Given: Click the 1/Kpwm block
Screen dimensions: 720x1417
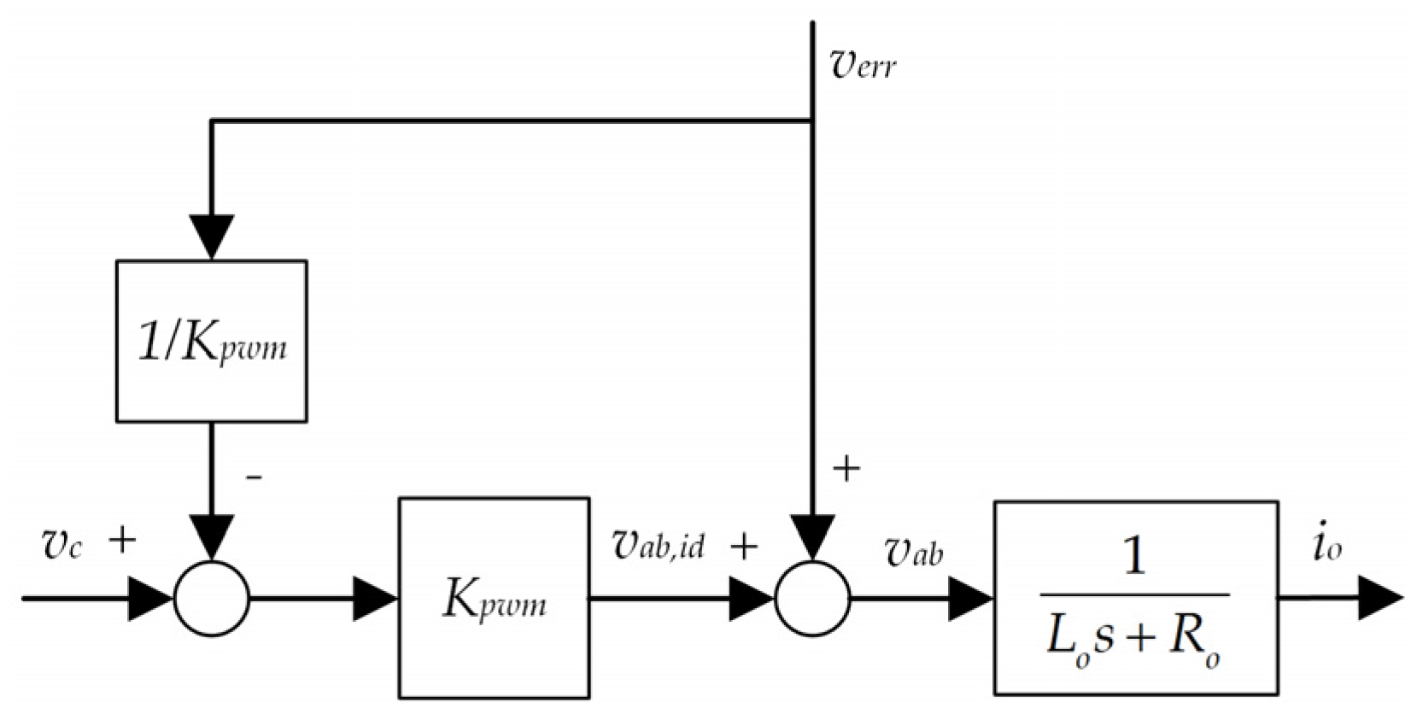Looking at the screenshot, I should (x=211, y=342).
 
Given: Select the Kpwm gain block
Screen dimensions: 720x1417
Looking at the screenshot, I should (x=494, y=598).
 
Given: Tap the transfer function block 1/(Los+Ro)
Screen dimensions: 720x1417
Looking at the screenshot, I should (x=1135, y=598).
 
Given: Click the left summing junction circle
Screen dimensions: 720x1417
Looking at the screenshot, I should (x=211, y=599).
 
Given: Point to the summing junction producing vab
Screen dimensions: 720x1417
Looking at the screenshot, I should (x=812, y=599).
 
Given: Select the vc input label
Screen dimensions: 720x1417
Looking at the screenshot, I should (x=61, y=545).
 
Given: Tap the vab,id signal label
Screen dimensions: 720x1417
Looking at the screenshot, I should (x=659, y=544).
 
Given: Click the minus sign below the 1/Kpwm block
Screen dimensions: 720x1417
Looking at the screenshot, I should (x=253, y=476).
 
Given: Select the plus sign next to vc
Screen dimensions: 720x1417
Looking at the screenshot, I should (x=123, y=540).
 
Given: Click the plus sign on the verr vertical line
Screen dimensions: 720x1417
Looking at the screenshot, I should (x=846, y=468).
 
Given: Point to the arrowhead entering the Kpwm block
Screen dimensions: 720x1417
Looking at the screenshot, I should (x=375, y=598).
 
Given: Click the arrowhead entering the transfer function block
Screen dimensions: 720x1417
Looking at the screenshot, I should (x=971, y=598).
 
